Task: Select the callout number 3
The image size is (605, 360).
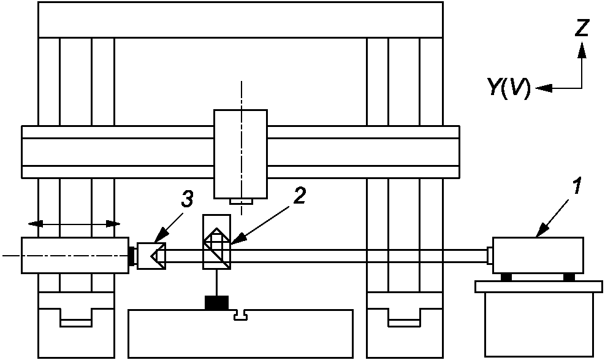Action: point(188,199)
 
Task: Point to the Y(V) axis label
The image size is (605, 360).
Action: point(509,88)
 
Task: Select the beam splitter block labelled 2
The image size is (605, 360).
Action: point(216,242)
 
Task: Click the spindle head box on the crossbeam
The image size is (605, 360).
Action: point(240,153)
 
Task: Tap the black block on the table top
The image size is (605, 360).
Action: point(216,302)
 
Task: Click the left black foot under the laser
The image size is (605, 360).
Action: point(506,277)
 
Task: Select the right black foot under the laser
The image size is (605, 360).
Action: point(569,277)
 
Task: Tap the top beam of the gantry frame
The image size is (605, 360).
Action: point(240,20)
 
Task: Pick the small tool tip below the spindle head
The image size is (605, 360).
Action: point(240,201)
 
